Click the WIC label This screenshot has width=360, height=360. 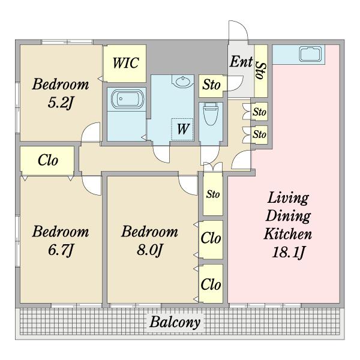pos(126,62)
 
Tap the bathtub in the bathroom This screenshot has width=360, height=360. pos(127,99)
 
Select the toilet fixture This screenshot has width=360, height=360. pos(211,114)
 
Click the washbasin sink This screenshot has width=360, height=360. pos(183,81)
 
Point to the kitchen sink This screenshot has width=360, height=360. pos(310,54)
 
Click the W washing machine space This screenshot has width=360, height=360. pos(183,129)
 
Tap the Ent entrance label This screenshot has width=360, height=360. pos(241,62)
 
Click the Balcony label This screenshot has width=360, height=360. pos(175,322)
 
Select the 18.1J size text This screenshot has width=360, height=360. pos(289,253)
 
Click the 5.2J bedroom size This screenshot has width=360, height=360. pos(60,102)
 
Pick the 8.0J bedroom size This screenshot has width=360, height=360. pos(149,250)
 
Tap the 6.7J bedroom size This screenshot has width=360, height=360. pos(61,250)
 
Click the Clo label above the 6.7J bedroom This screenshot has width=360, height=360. pos(48,160)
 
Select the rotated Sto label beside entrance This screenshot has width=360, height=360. pos(261,71)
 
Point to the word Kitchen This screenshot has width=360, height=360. pos(288,234)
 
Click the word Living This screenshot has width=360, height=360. pos(288,198)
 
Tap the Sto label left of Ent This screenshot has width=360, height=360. pos(211,85)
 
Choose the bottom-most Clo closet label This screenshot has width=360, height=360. pos(211,284)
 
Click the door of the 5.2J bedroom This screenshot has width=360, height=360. pos(91,132)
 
